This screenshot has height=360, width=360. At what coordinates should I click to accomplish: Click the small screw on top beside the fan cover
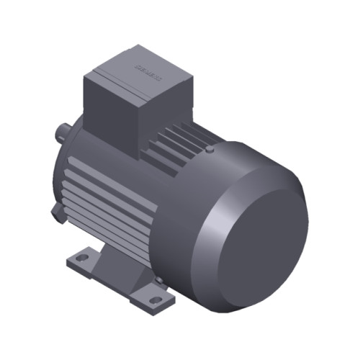(208, 150)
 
